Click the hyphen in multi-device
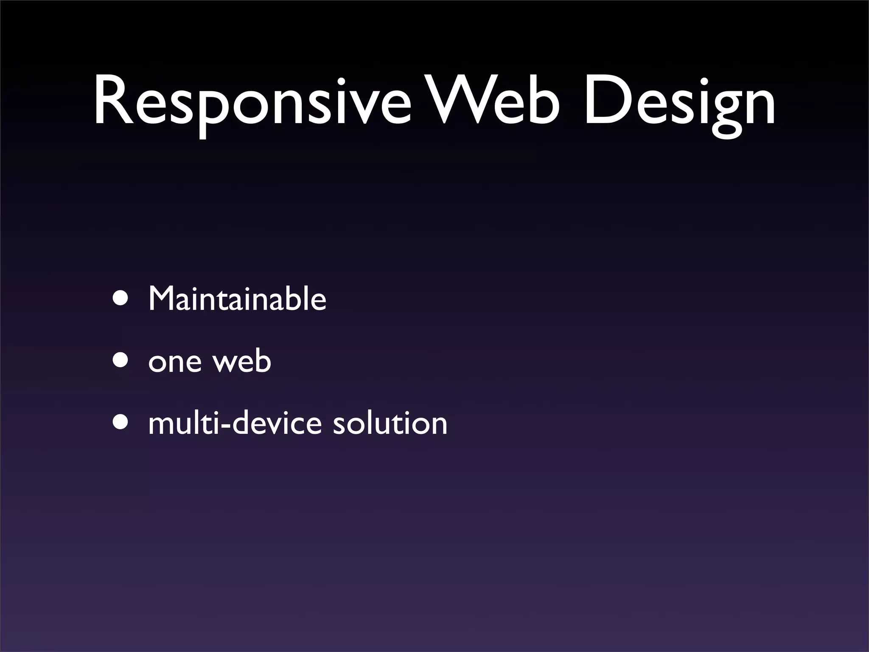225,426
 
